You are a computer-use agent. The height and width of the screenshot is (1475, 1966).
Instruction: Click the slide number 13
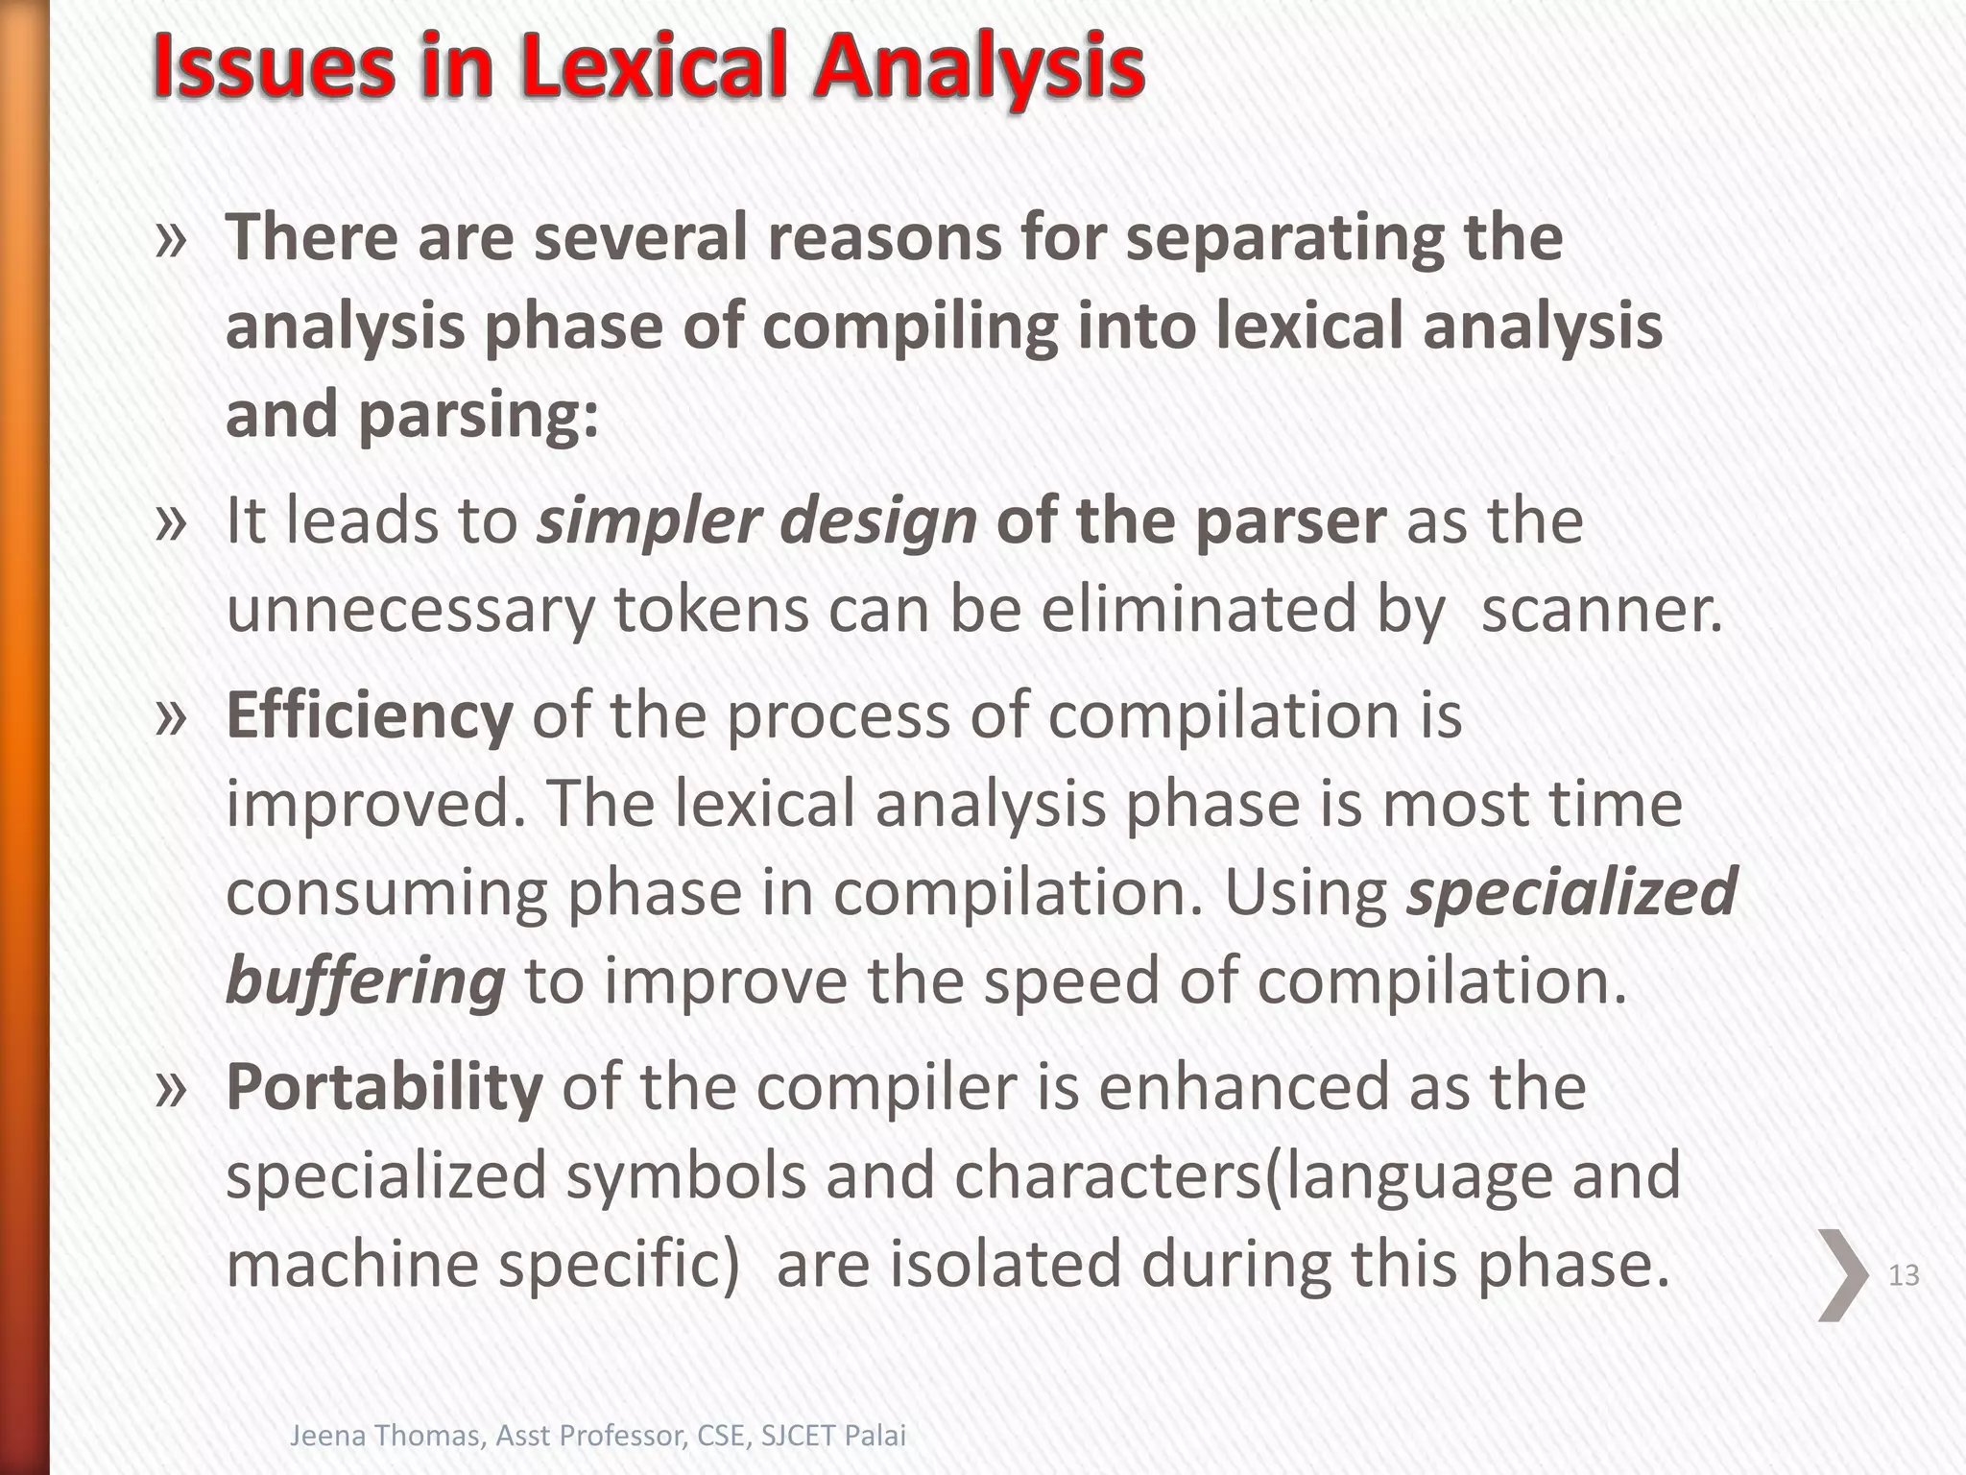1903,1275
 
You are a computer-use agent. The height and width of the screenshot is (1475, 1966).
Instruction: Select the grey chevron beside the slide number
1842,1274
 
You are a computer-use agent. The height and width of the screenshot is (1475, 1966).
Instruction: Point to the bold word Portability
384,1087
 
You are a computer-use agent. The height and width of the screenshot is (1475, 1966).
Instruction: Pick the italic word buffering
365,981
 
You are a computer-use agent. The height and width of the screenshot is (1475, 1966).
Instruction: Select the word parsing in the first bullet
477,415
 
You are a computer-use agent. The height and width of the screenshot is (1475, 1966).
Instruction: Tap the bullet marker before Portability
171,1089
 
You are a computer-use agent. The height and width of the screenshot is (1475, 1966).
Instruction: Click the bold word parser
1290,521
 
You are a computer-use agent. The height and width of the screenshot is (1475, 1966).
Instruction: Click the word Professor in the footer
622,1437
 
